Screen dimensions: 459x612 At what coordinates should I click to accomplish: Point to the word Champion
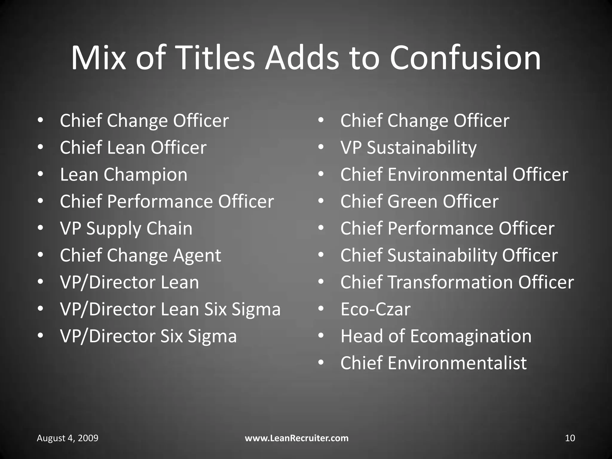point(146,175)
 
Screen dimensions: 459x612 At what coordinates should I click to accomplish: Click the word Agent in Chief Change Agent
point(197,256)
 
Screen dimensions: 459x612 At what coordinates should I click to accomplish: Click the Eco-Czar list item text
point(375,309)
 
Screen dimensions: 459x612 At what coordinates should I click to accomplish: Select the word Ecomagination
point(471,336)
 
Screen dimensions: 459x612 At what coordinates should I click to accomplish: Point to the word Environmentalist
point(457,363)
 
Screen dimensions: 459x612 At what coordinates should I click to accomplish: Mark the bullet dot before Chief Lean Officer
point(41,148)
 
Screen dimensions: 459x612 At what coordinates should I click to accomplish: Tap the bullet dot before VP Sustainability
point(321,148)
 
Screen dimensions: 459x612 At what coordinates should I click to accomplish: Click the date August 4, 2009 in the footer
point(68,438)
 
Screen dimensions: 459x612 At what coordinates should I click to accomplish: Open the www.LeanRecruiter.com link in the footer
point(297,438)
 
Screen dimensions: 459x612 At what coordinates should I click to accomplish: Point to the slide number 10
point(570,438)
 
